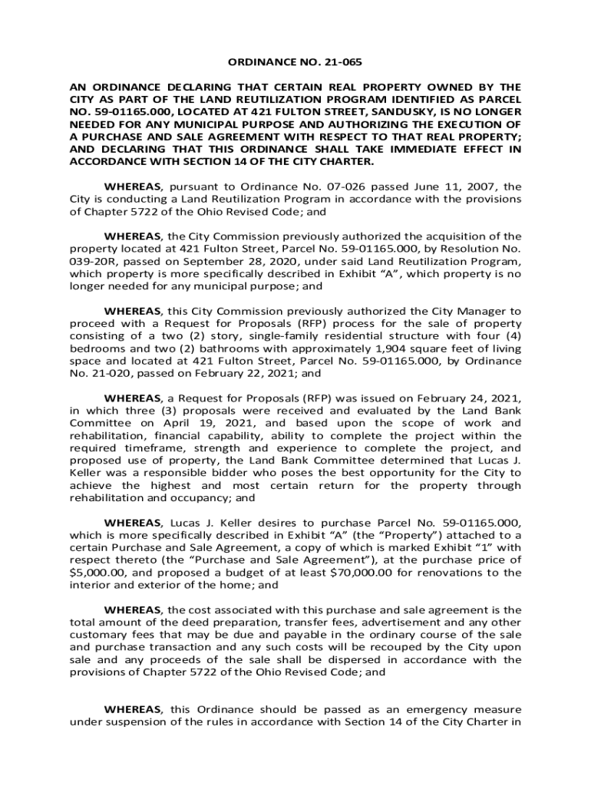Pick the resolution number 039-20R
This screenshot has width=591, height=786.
click(97, 261)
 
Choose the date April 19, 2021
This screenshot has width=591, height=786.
click(198, 423)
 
